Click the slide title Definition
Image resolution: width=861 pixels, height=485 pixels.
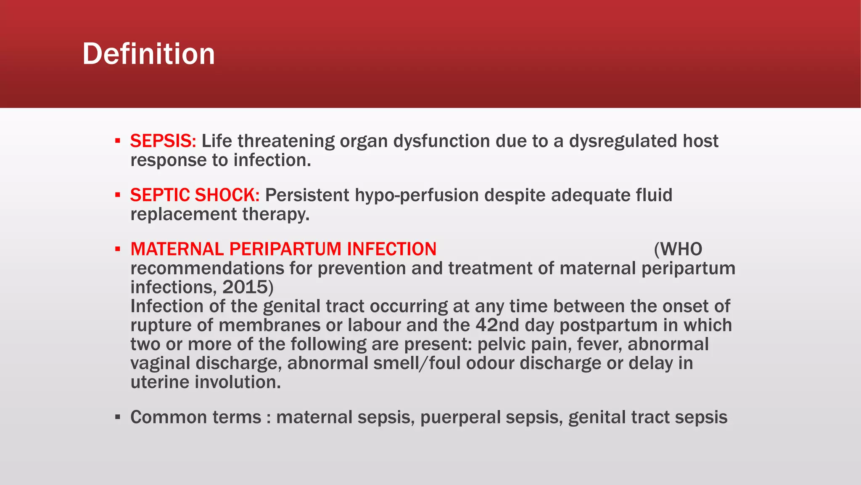coord(148,54)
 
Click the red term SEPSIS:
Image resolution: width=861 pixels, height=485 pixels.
coord(163,141)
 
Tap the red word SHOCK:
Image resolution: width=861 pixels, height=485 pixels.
coord(227,195)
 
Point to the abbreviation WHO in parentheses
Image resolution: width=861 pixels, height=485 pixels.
coord(681,249)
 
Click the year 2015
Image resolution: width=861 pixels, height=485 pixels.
coord(246,287)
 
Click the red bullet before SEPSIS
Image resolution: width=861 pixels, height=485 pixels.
coord(118,141)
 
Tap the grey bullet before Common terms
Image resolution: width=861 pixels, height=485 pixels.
coord(118,418)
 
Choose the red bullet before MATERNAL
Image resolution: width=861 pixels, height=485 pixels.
coord(118,249)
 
